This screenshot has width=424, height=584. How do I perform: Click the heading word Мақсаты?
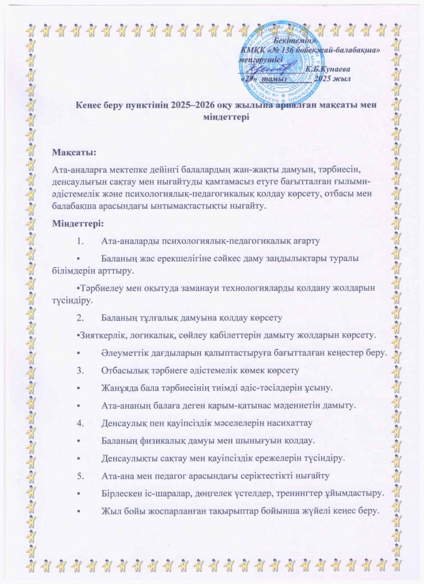[x=74, y=152]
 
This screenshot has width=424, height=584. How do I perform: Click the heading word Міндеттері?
[x=78, y=223]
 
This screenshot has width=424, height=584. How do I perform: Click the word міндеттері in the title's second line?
[x=225, y=117]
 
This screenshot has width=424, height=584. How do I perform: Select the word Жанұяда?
[x=119, y=388]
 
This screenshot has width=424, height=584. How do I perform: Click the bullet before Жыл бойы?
[x=78, y=511]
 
